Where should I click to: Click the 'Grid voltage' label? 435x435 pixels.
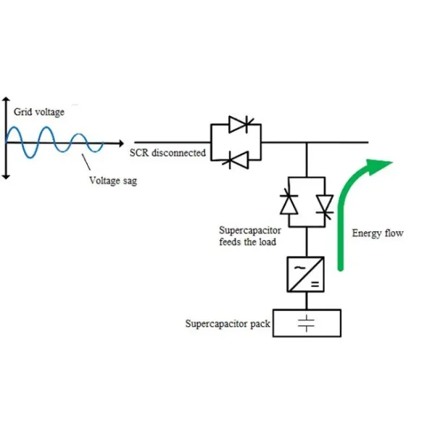click(x=39, y=112)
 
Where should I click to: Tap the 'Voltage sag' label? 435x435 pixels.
click(x=112, y=181)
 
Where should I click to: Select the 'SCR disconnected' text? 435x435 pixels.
click(x=167, y=153)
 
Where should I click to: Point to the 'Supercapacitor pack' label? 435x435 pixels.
click(x=228, y=323)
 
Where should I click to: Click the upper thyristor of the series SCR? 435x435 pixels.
click(x=236, y=125)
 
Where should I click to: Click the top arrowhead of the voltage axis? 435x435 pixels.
click(x=7, y=99)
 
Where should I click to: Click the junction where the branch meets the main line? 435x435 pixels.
click(x=308, y=143)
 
